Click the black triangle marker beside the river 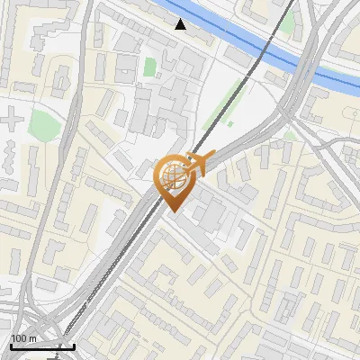tap(181, 24)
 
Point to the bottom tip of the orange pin tap(172, 211)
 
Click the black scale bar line tap(42, 346)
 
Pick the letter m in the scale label tap(32, 338)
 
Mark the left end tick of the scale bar tap(11, 345)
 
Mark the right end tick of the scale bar tap(74, 345)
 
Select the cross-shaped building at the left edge tap(11, 118)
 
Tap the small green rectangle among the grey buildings tap(149, 67)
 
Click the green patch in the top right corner tap(287, 24)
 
